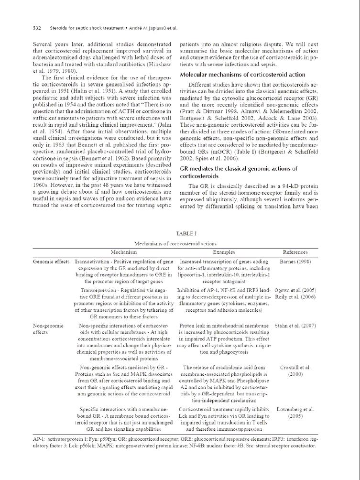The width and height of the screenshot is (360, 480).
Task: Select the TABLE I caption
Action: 186,233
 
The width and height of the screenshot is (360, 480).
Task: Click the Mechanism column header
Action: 124,252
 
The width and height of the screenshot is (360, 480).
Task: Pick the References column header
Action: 295,252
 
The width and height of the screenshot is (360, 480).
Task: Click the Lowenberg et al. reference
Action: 295,409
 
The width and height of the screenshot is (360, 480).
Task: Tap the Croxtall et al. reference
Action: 295,368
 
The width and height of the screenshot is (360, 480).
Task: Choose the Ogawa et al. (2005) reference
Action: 295,290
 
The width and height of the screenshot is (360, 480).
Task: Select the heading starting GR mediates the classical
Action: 239,169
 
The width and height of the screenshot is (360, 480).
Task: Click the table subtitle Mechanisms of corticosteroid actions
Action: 175,244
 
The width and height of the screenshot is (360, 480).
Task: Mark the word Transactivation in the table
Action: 93,262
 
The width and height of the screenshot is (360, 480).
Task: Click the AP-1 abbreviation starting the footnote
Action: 39,438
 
